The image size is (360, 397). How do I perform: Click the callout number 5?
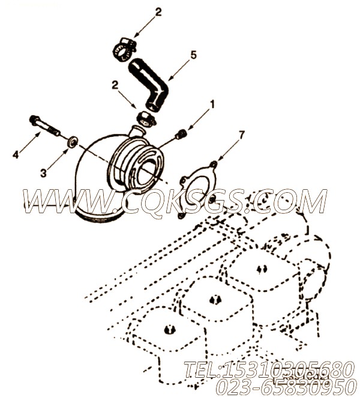click(193, 55)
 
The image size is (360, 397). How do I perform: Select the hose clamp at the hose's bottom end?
click(146, 117)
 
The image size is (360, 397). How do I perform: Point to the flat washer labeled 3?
click(72, 142)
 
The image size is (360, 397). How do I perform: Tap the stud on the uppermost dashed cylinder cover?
click(262, 268)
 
